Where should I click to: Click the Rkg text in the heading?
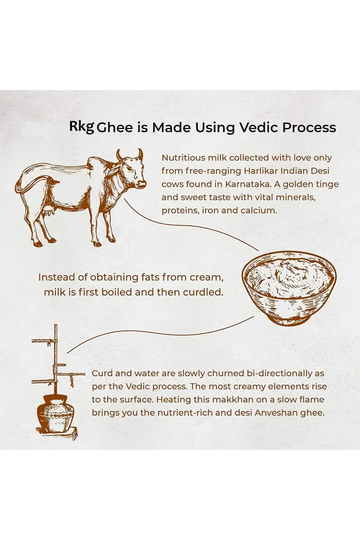coord(81,127)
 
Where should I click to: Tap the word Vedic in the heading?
coord(257,127)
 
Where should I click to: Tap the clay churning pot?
coord(56,411)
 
